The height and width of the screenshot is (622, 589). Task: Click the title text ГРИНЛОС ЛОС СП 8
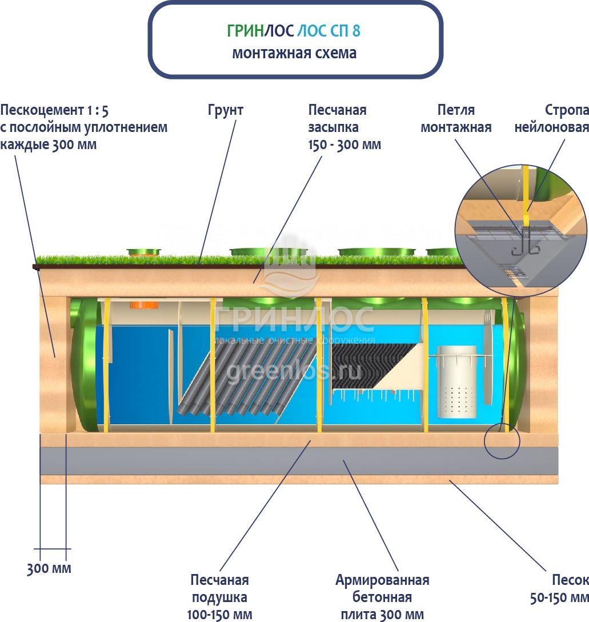[294, 30]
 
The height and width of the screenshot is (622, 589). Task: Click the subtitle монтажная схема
[294, 53]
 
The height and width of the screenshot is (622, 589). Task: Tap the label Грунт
[225, 110]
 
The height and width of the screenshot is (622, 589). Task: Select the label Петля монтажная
[456, 118]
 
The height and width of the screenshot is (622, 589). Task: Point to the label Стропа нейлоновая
[551, 118]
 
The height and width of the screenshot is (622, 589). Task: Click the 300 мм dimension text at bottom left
[49, 569]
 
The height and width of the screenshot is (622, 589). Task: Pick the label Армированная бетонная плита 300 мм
[382, 597]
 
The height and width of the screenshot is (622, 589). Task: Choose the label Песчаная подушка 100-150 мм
[219, 597]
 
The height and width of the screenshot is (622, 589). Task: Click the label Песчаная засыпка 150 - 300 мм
[344, 127]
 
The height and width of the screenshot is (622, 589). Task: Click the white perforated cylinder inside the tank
[456, 382]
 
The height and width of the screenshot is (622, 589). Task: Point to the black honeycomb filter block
[371, 366]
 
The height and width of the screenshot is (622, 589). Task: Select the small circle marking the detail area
[502, 442]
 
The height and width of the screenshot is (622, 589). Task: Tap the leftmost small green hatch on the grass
[143, 252]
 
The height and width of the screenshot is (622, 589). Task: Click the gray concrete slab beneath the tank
[297, 461]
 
